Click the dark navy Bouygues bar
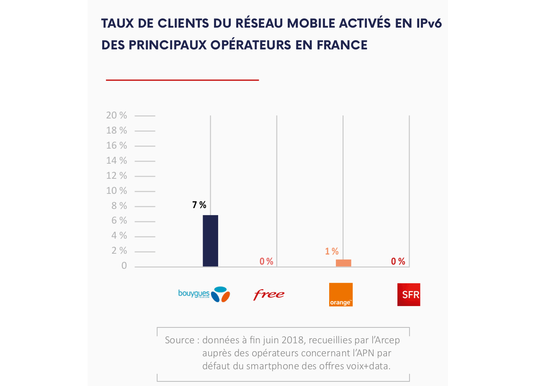point(210,241)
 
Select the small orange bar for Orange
point(343,263)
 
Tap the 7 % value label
point(199,205)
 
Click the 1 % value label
point(332,251)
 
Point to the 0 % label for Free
point(266,262)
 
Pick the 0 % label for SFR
point(398,262)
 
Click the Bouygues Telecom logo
point(204,294)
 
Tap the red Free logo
point(268,294)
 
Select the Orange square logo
point(341,294)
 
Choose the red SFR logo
point(409,294)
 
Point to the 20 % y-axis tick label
point(116,116)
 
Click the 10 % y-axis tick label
point(116,191)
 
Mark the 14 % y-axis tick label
point(116,161)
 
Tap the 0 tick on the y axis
point(124,266)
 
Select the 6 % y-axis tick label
point(119,221)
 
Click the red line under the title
point(182,80)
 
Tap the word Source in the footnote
point(180,340)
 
